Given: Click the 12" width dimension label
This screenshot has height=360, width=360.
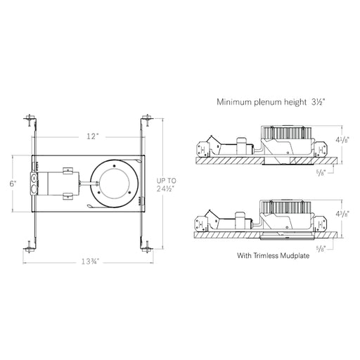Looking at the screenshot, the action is [92, 136].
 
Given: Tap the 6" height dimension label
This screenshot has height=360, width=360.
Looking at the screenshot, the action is [13, 184].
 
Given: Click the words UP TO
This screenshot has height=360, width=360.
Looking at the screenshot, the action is [167, 181].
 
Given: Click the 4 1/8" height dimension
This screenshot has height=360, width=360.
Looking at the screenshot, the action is [342, 140].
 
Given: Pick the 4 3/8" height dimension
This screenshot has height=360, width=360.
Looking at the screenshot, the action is [342, 214].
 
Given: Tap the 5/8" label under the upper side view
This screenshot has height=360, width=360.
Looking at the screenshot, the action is [321, 173].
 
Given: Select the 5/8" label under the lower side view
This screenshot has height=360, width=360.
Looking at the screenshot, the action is [321, 249].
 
